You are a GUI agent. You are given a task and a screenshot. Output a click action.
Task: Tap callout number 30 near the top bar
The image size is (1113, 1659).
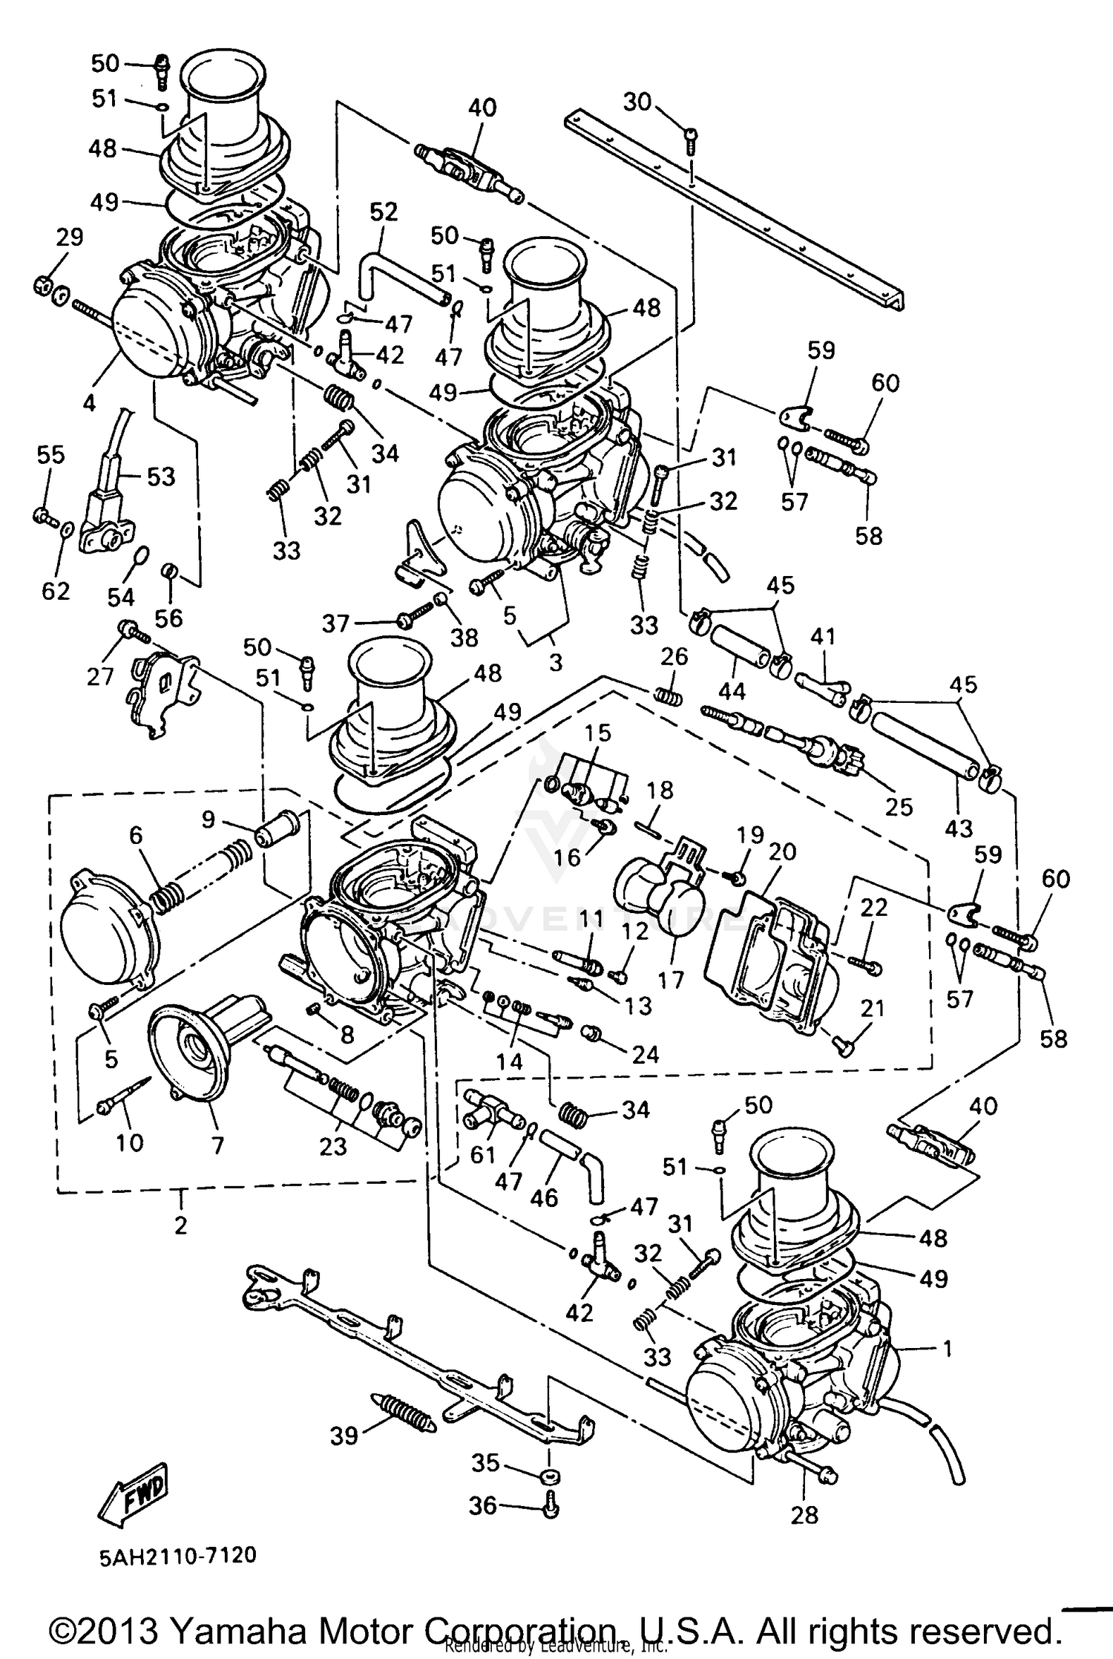[x=636, y=102]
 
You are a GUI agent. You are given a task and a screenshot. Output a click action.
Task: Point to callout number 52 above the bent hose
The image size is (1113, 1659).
[x=384, y=212]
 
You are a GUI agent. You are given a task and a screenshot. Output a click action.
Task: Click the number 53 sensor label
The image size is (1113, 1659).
[x=160, y=476]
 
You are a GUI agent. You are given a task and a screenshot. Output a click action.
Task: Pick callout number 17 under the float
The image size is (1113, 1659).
[x=671, y=981]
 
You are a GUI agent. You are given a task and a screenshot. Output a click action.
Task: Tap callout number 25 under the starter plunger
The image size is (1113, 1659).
[x=899, y=806]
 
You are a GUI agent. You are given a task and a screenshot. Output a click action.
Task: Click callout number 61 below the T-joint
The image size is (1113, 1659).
[x=483, y=1155]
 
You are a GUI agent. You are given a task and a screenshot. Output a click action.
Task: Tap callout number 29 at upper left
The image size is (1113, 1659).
[x=70, y=238]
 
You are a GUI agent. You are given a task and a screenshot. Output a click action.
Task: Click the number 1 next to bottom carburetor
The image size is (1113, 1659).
[x=946, y=1347]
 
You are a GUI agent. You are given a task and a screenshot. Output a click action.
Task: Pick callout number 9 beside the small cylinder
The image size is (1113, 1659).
[x=209, y=819]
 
